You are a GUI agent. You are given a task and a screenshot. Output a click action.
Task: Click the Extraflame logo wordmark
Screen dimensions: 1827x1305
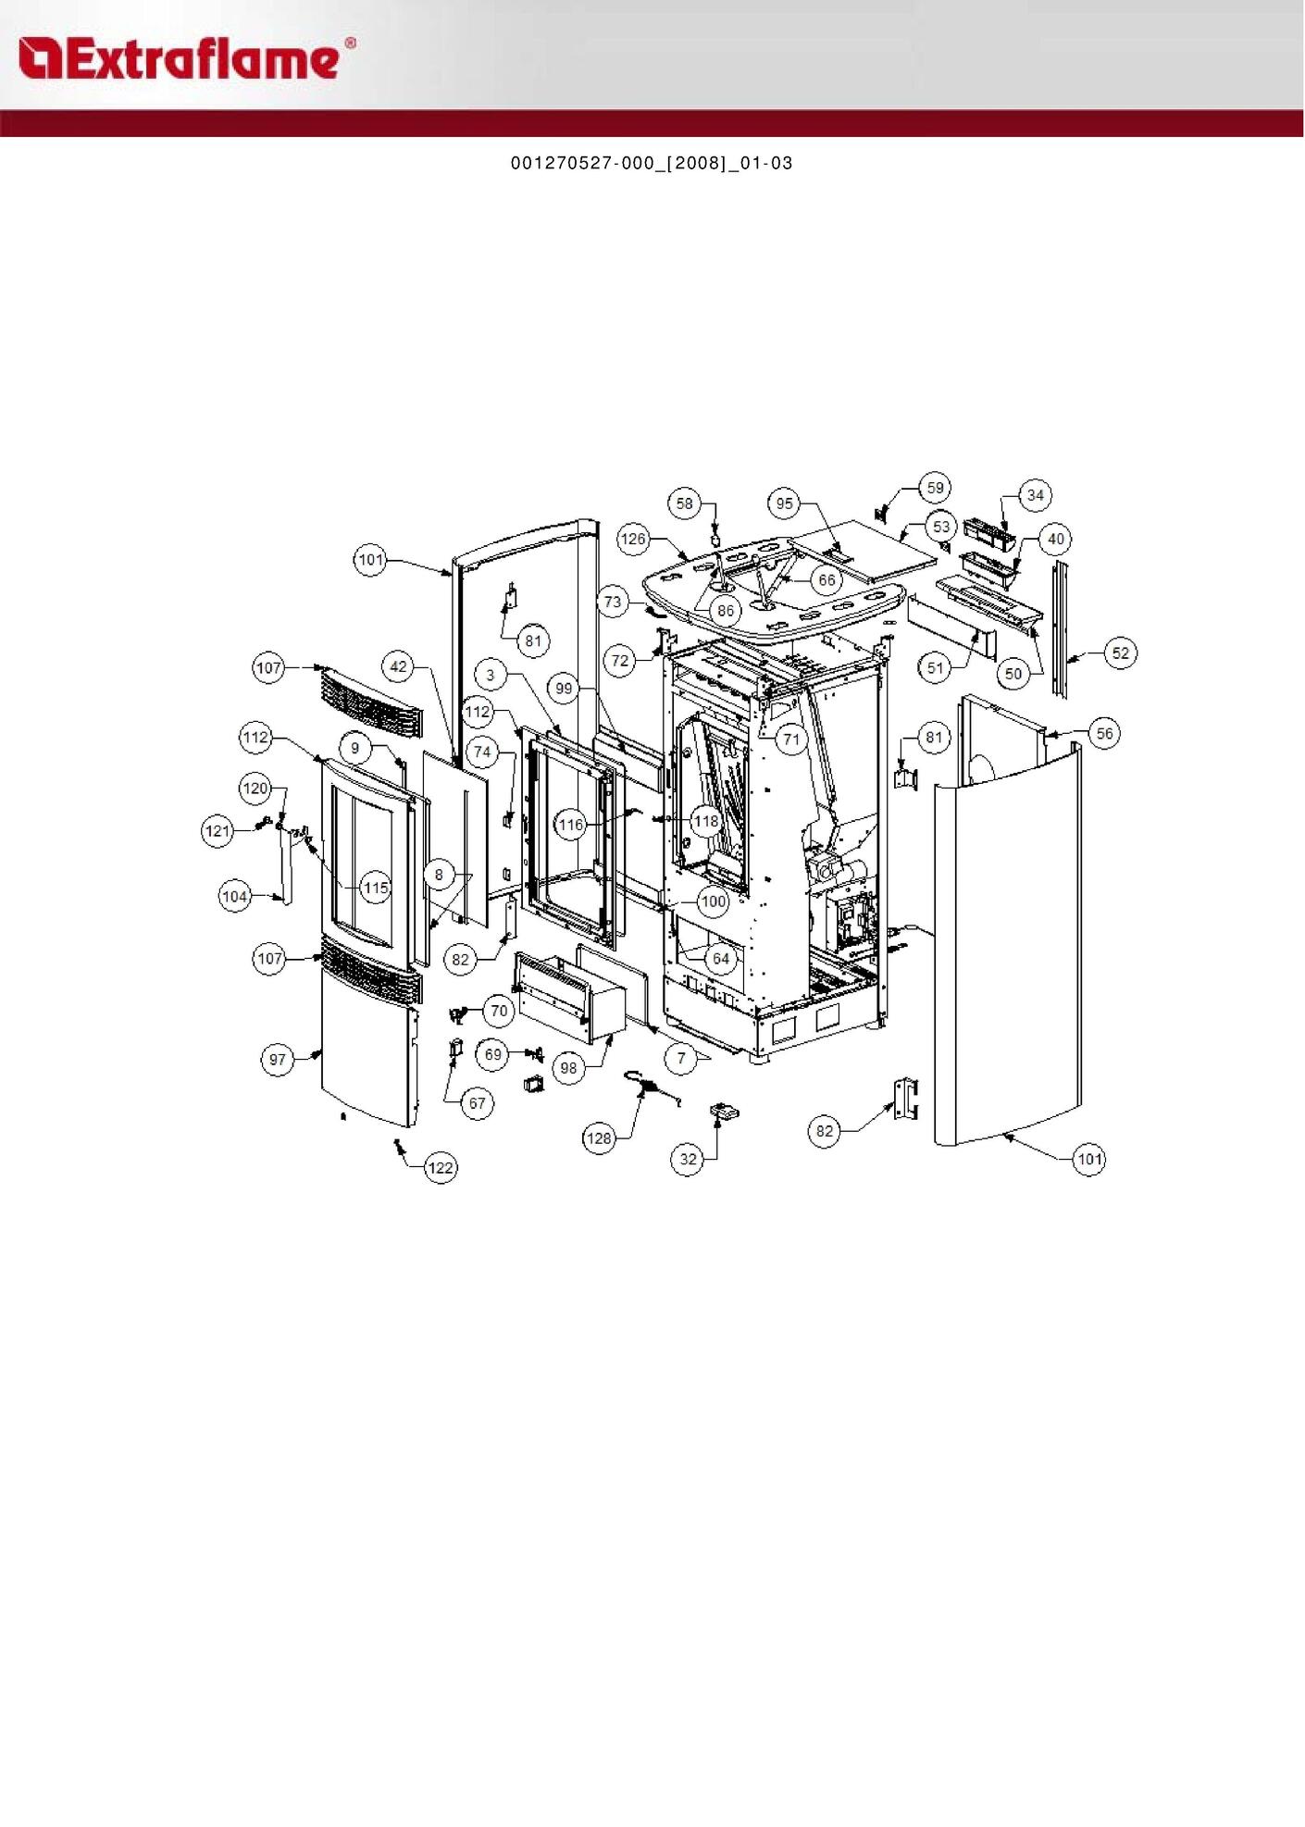coord(185,58)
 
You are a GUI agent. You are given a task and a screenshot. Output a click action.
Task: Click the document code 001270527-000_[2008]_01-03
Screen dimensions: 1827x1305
coord(652,163)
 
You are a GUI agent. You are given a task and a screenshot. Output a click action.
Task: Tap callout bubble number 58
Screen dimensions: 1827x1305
coord(684,503)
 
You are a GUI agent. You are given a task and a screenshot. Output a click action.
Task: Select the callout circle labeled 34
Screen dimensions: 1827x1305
coord(1035,495)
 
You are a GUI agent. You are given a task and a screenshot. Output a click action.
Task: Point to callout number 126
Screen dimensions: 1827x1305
coord(633,539)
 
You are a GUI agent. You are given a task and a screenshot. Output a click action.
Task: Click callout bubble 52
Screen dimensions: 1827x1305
coord(1121,653)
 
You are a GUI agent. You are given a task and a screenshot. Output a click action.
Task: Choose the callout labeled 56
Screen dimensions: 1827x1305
coord(1104,734)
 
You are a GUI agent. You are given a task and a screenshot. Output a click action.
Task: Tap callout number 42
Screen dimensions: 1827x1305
coord(398,666)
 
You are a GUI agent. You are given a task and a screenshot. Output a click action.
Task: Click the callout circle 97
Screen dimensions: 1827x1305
coord(278,1060)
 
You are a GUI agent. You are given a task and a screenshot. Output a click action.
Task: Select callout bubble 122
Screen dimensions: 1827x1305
coord(441,1168)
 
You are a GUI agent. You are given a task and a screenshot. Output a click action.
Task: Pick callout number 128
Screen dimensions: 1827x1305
coord(599,1138)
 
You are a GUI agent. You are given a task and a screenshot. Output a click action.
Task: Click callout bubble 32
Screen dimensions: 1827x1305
coord(688,1159)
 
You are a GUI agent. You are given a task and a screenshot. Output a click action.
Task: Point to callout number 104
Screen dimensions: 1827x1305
coord(235,896)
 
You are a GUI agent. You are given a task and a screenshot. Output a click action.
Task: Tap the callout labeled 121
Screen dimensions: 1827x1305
coord(217,831)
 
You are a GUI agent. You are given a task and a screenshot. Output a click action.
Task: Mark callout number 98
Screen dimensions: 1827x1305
coord(568,1068)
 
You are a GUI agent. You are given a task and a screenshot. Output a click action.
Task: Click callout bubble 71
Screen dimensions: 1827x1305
coord(790,739)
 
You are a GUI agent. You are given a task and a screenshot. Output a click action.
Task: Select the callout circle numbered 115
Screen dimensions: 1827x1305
coord(376,889)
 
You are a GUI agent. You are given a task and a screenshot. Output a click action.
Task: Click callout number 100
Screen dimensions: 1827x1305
coord(713,901)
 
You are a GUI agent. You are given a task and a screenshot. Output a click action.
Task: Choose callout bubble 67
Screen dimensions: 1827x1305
coord(477,1103)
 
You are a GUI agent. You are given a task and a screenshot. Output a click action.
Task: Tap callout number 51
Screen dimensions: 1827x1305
coord(935,667)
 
